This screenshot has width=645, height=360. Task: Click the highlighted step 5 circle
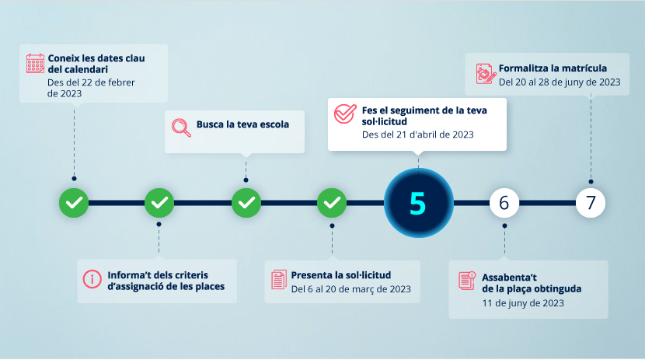[418, 203]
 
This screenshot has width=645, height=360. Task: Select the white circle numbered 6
[504, 203]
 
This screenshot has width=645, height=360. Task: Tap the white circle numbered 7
[591, 203]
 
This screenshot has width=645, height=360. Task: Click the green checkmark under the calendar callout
[74, 203]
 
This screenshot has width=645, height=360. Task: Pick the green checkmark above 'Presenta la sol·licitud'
[332, 203]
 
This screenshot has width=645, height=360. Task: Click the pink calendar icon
[35, 63]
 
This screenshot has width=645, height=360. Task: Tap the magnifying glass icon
[181, 128]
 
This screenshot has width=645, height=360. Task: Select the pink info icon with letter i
[92, 279]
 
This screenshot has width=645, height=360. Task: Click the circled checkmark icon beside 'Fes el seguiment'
[345, 114]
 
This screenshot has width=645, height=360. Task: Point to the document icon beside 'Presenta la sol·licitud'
[279, 280]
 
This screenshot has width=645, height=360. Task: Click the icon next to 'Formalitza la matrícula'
[486, 74]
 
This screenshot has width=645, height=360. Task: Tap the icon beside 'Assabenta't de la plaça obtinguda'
[467, 281]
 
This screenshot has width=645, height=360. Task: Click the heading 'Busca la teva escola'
[242, 124]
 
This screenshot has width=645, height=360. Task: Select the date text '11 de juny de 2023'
[523, 303]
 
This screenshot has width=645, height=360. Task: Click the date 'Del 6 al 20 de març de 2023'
[351, 289]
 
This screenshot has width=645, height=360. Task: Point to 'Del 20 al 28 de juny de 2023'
[560, 82]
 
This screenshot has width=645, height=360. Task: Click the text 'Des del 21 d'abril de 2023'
[417, 135]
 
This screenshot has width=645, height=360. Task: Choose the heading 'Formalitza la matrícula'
[553, 68]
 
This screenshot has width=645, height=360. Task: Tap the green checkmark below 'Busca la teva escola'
[246, 203]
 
